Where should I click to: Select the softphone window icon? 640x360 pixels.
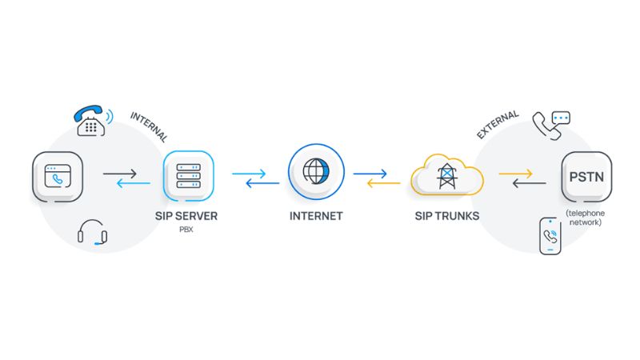coord(58,177)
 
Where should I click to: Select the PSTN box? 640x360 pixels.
coord(586,177)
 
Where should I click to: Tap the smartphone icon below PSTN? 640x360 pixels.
coord(550,236)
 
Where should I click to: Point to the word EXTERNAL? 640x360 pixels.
coord(498,124)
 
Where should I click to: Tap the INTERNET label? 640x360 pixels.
coord(317,216)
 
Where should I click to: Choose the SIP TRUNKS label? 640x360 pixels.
coord(446,216)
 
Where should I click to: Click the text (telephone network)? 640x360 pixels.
coord(586,218)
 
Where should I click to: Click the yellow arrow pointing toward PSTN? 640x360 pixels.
coord(515,173)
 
